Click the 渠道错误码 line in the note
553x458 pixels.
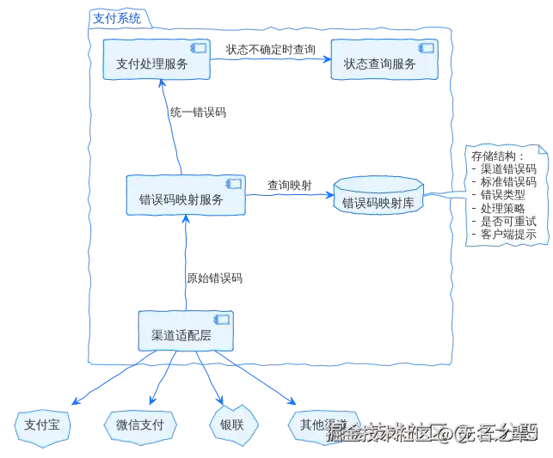click(508, 168)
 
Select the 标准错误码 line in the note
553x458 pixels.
click(508, 181)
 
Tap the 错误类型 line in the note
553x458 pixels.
click(502, 194)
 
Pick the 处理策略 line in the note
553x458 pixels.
click(502, 207)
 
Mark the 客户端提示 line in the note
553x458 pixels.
click(508, 233)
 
